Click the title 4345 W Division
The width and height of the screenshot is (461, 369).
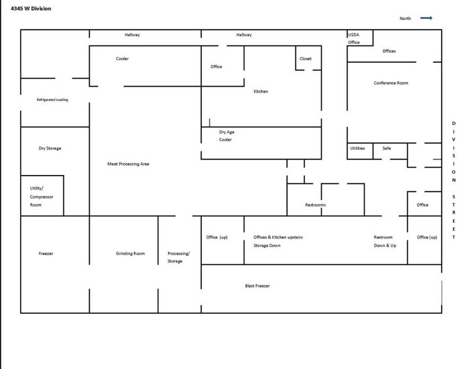click(x=31, y=8)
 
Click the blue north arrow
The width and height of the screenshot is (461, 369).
click(x=426, y=18)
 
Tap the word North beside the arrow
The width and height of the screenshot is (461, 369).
click(x=405, y=19)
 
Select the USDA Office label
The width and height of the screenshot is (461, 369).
click(x=354, y=38)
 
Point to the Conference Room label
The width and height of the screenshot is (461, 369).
click(x=391, y=83)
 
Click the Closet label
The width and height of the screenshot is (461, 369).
click(x=305, y=59)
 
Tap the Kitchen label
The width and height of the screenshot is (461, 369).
click(x=260, y=92)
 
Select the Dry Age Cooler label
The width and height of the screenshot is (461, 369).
click(x=226, y=136)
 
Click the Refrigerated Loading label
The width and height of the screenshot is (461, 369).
click(x=53, y=100)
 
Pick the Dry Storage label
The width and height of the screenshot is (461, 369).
click(x=50, y=148)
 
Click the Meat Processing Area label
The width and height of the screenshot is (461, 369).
click(x=128, y=164)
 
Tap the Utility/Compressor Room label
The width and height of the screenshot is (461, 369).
click(x=41, y=196)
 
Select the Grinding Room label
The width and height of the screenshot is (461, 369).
click(x=130, y=254)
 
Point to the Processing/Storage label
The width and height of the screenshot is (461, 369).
click(x=178, y=257)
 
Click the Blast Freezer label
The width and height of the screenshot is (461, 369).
click(x=258, y=286)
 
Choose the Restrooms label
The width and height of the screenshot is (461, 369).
click(x=315, y=205)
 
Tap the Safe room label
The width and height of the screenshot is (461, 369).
click(x=386, y=148)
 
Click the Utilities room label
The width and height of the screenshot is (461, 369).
click(x=357, y=148)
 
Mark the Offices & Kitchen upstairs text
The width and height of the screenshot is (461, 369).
click(x=278, y=237)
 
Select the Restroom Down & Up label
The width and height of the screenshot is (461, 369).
click(x=385, y=241)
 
